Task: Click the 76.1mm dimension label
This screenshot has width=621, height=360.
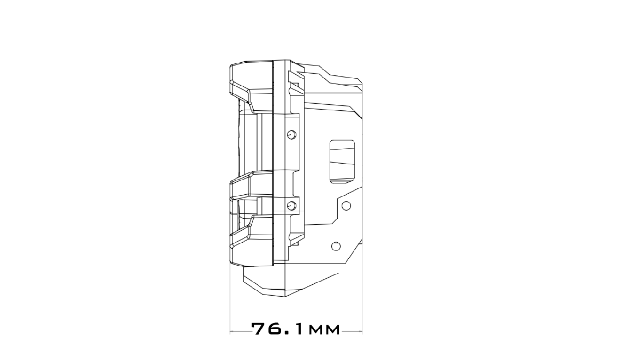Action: tap(296, 329)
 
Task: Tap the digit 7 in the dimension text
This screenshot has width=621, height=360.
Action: tap(259, 329)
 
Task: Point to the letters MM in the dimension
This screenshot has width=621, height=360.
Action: tap(324, 329)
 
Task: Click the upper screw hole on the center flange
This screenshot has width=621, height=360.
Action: tap(291, 135)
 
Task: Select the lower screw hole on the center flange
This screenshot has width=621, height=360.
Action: tap(291, 205)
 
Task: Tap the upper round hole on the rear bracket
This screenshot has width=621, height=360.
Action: tap(346, 205)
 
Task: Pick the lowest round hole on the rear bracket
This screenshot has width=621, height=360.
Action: tap(336, 246)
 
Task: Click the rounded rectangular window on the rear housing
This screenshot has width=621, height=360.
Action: tap(342, 161)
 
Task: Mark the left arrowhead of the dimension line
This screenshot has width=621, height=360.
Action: tap(232, 331)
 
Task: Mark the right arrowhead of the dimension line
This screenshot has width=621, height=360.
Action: tap(361, 331)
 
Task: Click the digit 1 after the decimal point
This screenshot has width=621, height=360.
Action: tap(299, 329)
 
